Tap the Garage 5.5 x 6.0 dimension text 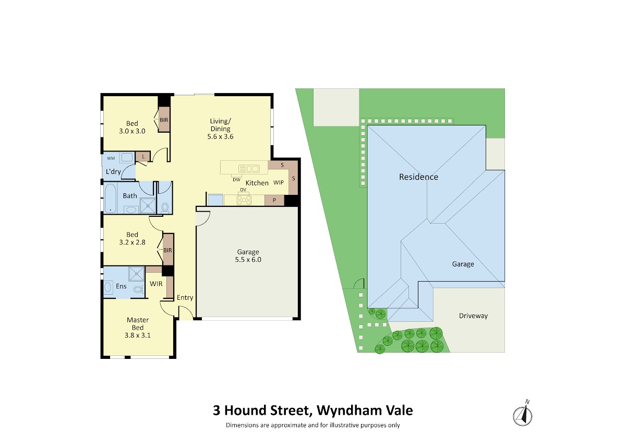coord(248,260)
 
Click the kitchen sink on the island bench coord(249,169)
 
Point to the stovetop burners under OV coord(244,200)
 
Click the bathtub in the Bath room coord(111,198)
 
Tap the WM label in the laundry coord(111,158)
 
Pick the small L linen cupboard coord(143,156)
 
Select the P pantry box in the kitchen coord(274,200)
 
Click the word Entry coord(185,297)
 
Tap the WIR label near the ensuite coord(156,284)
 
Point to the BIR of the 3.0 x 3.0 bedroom coord(164,120)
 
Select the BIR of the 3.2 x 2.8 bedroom coord(168,250)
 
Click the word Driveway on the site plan coord(474,316)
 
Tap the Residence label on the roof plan coord(418,177)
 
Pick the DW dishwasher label coord(236,180)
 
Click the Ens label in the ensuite coord(121,286)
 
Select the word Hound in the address coord(245,411)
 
